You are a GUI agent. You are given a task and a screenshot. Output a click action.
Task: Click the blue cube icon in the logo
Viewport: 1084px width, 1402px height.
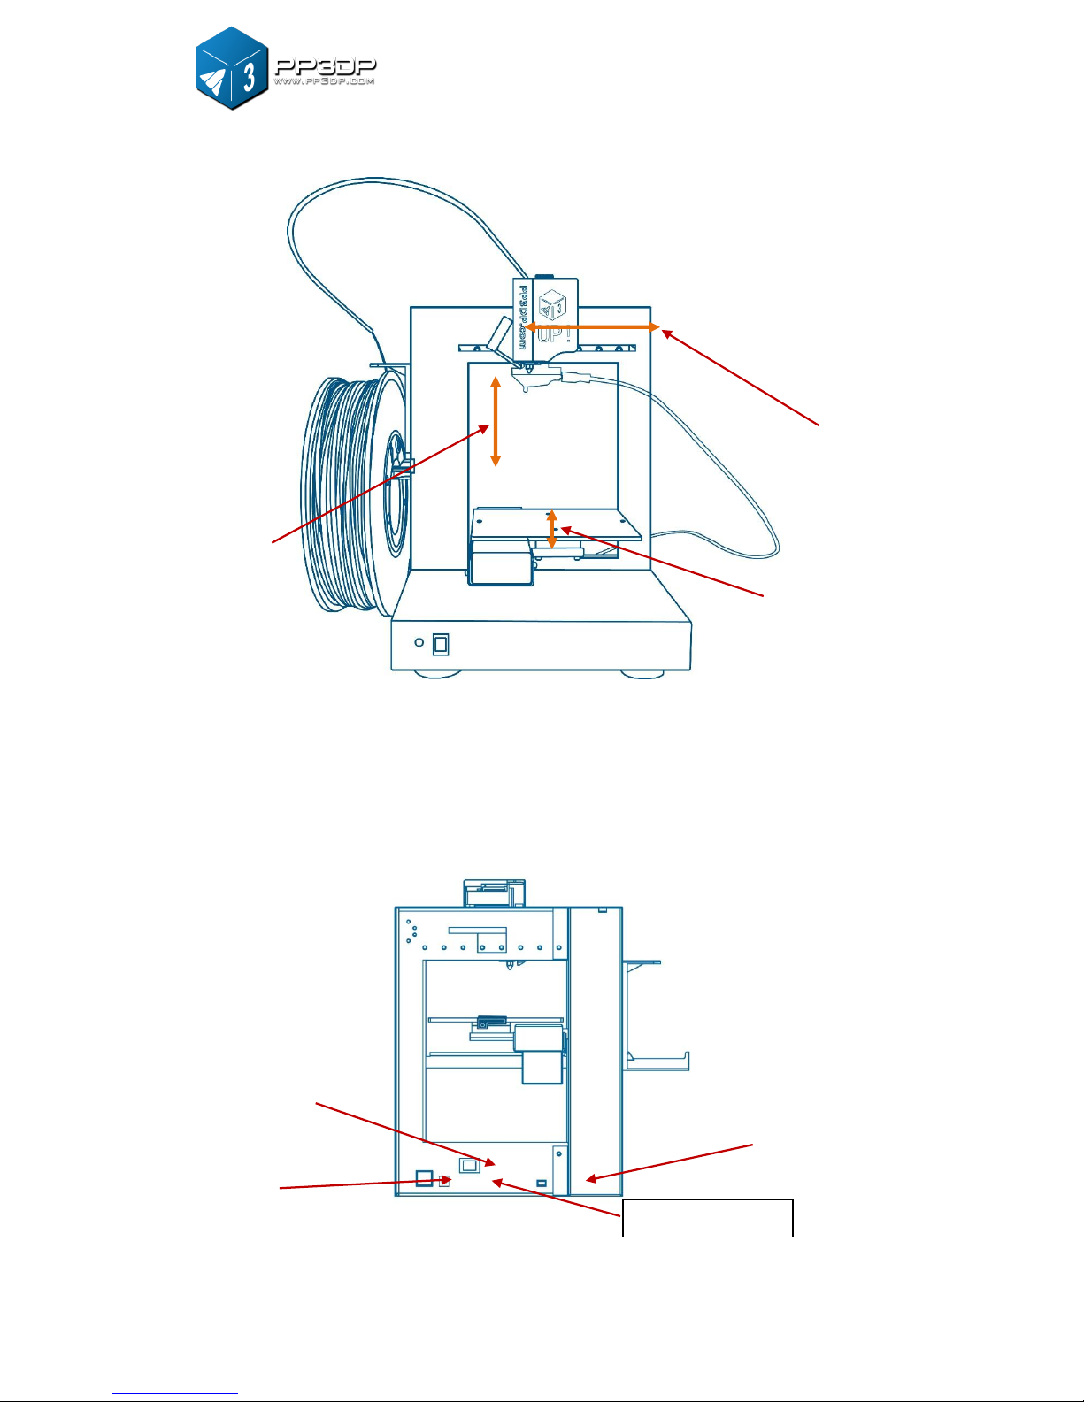(232, 68)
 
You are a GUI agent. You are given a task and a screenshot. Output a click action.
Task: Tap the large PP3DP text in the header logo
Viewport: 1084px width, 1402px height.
(325, 65)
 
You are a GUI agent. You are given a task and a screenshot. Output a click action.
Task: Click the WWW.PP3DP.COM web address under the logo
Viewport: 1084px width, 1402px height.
(324, 81)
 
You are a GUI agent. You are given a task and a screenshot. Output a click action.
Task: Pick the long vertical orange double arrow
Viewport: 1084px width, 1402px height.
(496, 420)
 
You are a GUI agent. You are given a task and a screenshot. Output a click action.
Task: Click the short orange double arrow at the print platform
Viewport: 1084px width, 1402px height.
(552, 529)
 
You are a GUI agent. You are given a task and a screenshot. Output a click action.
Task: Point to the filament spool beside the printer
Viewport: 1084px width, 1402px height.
(350, 495)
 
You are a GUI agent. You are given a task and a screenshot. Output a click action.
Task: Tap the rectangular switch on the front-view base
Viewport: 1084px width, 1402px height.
(440, 645)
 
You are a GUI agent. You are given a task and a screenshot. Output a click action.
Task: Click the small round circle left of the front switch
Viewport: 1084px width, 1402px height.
(419, 642)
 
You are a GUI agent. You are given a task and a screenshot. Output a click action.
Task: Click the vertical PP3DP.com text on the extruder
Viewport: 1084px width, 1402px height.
(523, 319)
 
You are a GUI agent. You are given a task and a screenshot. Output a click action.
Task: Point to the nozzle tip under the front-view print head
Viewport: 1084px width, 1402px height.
(527, 388)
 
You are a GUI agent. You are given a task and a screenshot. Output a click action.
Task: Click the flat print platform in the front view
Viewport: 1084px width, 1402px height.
(556, 524)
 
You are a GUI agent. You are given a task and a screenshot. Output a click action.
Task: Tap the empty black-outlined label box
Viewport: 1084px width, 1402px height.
(708, 1218)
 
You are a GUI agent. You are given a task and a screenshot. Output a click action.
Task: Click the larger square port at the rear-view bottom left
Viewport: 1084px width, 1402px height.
(424, 1178)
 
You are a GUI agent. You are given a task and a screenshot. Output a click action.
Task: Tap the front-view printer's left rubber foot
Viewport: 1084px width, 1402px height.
(436, 674)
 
